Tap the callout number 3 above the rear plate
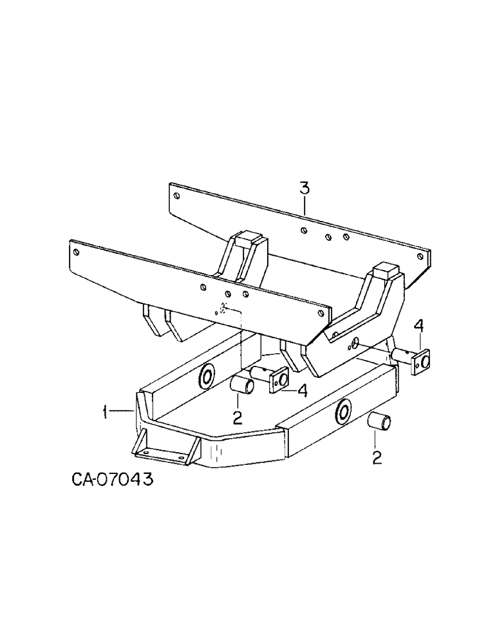[x=305, y=188]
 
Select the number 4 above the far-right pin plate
[x=418, y=328]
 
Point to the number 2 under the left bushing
[x=238, y=419]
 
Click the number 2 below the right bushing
[x=376, y=458]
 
